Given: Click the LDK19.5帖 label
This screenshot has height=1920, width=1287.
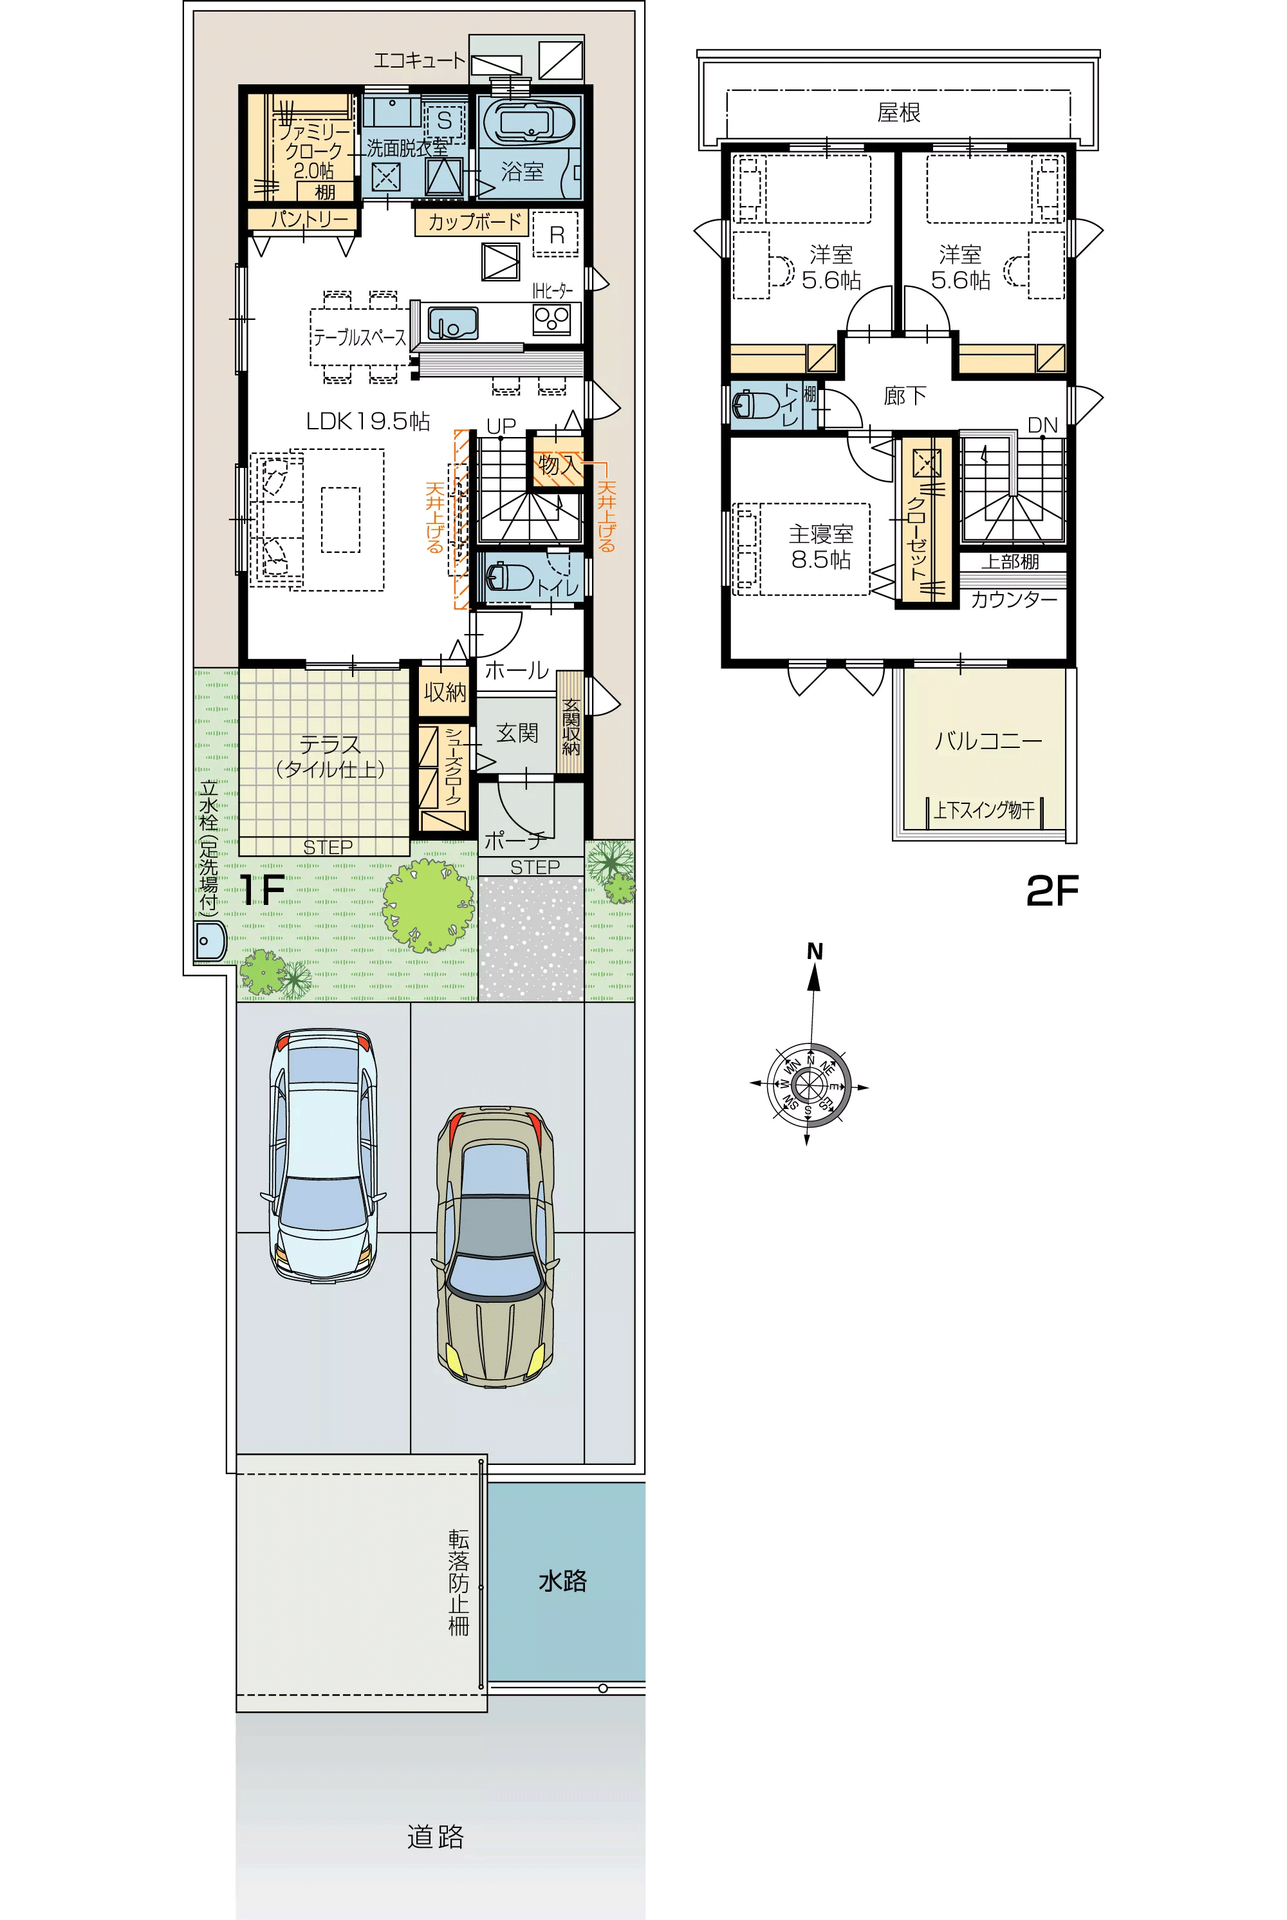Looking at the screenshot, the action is click(x=367, y=421).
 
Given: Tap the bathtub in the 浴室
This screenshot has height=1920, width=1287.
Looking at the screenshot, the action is click(x=528, y=122).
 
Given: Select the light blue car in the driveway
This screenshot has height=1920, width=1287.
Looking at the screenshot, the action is click(x=324, y=1154).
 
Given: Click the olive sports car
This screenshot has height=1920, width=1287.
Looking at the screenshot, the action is click(x=495, y=1247).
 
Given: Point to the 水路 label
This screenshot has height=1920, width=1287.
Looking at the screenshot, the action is click(x=562, y=1580).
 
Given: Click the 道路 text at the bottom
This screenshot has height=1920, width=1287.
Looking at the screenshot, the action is click(x=435, y=1836).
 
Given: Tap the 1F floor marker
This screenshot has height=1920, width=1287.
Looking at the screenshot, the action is click(x=262, y=890).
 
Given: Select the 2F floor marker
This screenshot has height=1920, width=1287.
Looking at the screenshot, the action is click(x=1052, y=891).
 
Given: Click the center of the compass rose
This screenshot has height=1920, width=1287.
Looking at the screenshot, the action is click(x=808, y=1085).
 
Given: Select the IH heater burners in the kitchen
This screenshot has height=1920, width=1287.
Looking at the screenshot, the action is click(x=551, y=319).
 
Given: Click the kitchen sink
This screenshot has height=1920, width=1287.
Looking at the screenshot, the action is click(x=452, y=322).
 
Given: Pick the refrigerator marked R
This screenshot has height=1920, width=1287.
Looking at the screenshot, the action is click(x=557, y=234).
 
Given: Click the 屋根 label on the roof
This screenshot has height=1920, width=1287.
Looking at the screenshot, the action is click(x=899, y=113).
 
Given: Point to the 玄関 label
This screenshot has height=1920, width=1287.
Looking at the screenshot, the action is click(x=517, y=733).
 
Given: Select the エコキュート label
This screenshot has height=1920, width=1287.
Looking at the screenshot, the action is click(x=420, y=60).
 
